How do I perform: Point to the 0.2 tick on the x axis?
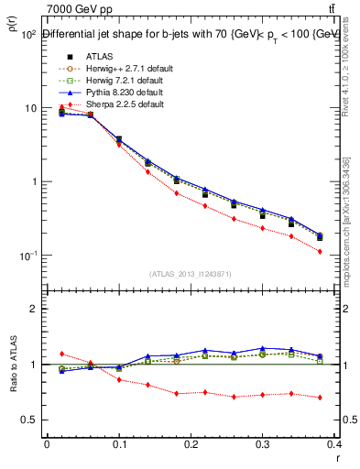[191, 444]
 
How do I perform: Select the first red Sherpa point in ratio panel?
[61, 354]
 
